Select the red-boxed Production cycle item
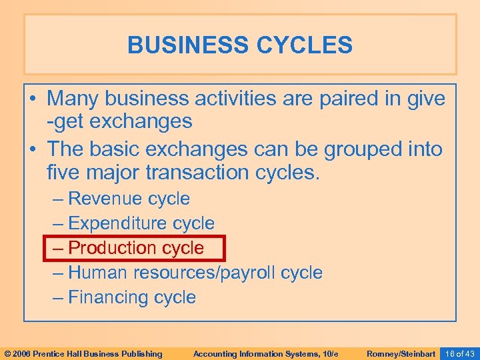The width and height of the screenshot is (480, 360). click(137, 248)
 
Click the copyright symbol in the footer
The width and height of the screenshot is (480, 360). click(8, 353)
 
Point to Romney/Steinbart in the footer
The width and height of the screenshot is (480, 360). click(401, 353)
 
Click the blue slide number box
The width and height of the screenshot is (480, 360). click(460, 353)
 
